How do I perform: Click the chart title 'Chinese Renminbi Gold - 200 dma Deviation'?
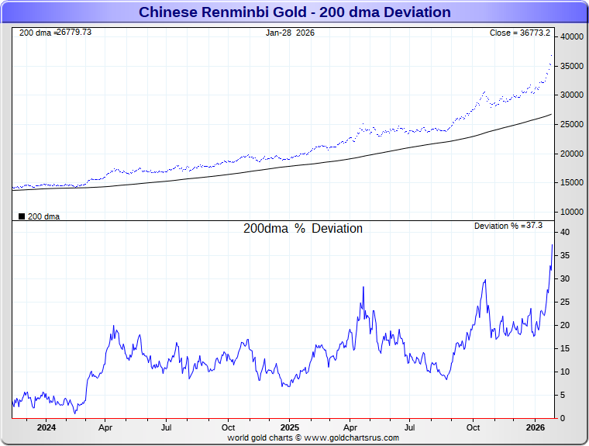(x=294, y=12)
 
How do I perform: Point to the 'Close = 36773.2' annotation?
(x=520, y=33)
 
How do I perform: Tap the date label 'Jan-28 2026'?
(x=290, y=33)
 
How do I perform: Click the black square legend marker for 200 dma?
(x=22, y=216)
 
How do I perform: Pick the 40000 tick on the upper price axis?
(x=572, y=36)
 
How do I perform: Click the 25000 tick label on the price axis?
(x=572, y=124)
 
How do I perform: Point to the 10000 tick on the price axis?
(x=572, y=212)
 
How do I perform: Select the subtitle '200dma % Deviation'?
(x=303, y=229)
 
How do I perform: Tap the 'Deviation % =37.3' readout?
(x=508, y=226)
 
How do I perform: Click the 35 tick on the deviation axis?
(x=566, y=255)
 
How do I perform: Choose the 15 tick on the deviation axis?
(x=566, y=348)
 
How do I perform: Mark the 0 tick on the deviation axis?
(x=563, y=418)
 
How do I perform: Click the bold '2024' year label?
(x=46, y=427)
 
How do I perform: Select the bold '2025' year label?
(x=289, y=427)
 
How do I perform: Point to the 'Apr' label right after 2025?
(x=350, y=427)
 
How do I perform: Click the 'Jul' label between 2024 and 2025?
(x=167, y=427)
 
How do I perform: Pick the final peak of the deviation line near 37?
(x=552, y=245)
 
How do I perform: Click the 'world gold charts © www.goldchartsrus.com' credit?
(x=313, y=437)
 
